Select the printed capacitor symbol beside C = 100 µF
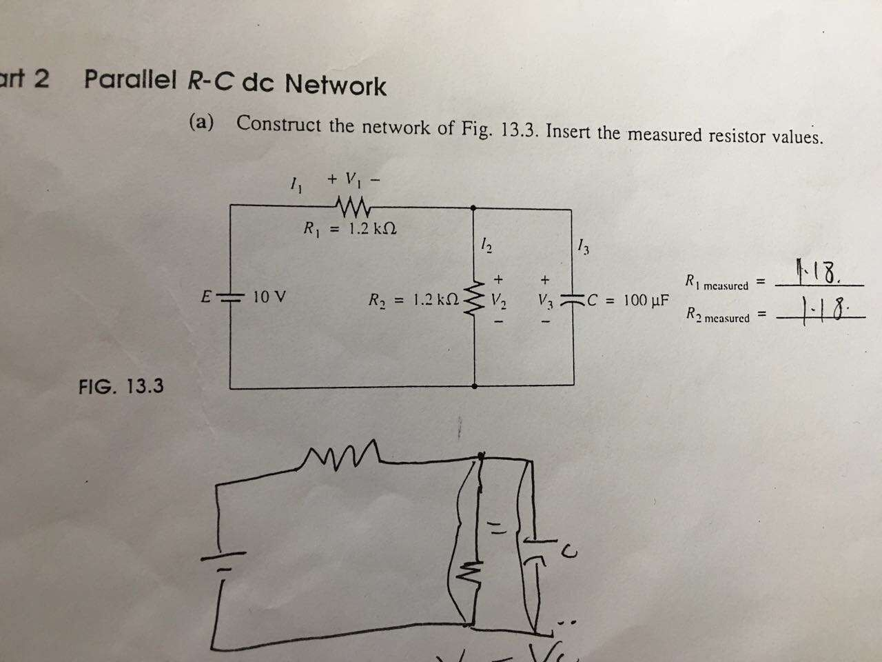(572, 300)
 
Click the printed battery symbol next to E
(229, 298)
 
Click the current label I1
(295, 184)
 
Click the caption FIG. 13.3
(121, 385)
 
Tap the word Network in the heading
(336, 86)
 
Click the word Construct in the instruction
(278, 125)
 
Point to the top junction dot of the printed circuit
(474, 207)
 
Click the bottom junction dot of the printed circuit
(475, 386)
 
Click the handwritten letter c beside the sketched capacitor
(566, 550)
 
